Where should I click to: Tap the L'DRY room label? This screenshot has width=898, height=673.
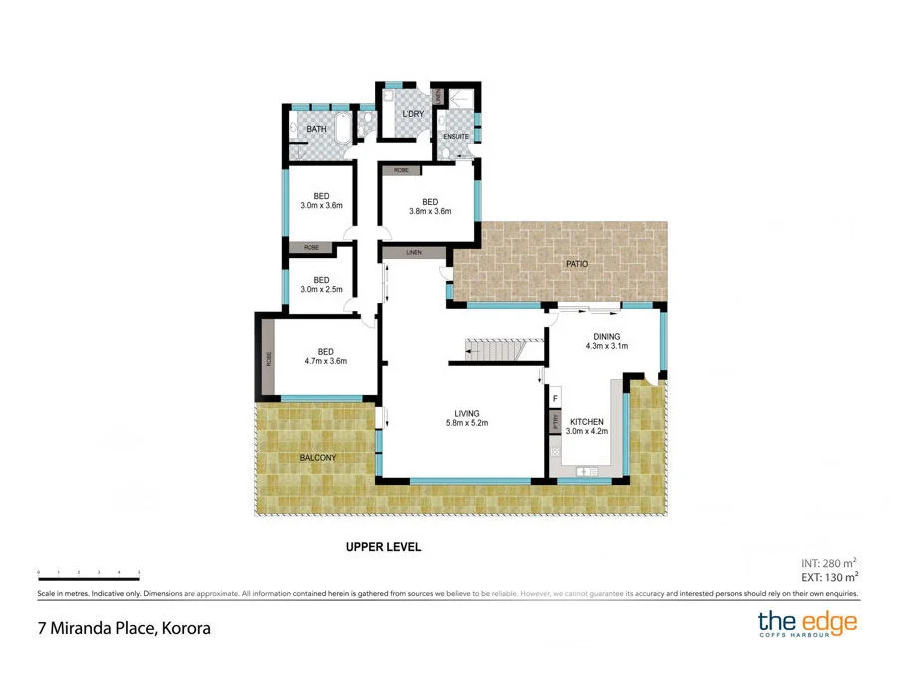[x=413, y=114]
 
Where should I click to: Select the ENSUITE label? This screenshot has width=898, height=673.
[x=456, y=136]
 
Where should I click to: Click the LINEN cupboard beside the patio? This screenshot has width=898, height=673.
[x=413, y=253]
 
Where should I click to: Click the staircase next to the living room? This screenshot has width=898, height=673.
[x=492, y=351]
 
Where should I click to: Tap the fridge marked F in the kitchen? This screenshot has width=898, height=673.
[x=555, y=397]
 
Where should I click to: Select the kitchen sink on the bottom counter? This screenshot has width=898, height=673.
[x=584, y=470]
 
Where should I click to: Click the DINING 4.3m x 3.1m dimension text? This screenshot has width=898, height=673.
[x=606, y=346]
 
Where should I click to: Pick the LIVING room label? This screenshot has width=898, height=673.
[x=466, y=413]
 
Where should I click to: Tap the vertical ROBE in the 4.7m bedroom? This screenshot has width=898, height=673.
[x=269, y=358]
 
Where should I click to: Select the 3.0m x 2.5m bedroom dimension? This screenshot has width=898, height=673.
[x=321, y=289]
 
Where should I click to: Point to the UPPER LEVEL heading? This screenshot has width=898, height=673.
[x=383, y=547]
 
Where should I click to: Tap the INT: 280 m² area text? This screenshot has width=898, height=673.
[x=830, y=562]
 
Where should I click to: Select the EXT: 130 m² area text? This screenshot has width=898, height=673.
[x=830, y=577]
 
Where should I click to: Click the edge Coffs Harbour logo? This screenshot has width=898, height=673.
[x=806, y=625]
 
